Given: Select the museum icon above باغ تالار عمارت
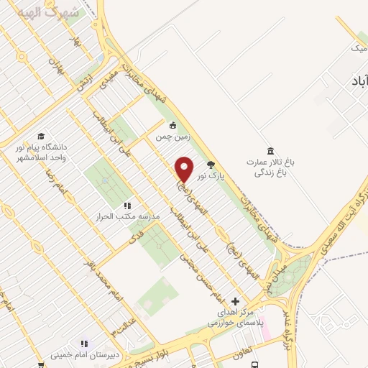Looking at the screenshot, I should (x=270, y=150).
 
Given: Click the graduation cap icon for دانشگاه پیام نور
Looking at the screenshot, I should (x=42, y=137).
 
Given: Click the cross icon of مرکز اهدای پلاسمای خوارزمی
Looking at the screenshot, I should (x=235, y=302).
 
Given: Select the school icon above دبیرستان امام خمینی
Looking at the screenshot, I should (x=84, y=344).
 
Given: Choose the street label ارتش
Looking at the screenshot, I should (x=84, y=90).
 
